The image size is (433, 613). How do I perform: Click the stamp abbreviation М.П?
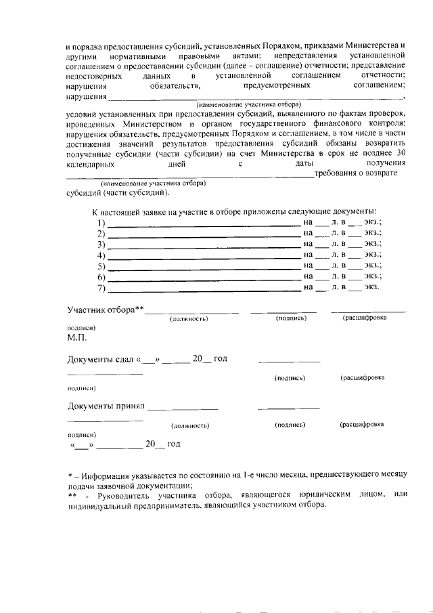pyautogui.click(x=76, y=336)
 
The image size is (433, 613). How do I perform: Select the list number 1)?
pyautogui.click(x=101, y=222)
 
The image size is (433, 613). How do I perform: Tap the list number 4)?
pyautogui.click(x=101, y=255)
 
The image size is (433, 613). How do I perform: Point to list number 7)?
pyautogui.click(x=101, y=288)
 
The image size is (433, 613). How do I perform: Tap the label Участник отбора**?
pyautogui.click(x=106, y=310)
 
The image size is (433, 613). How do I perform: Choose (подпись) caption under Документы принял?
pyautogui.click(x=290, y=425)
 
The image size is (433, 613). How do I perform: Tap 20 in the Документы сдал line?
pyautogui.click(x=198, y=358)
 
